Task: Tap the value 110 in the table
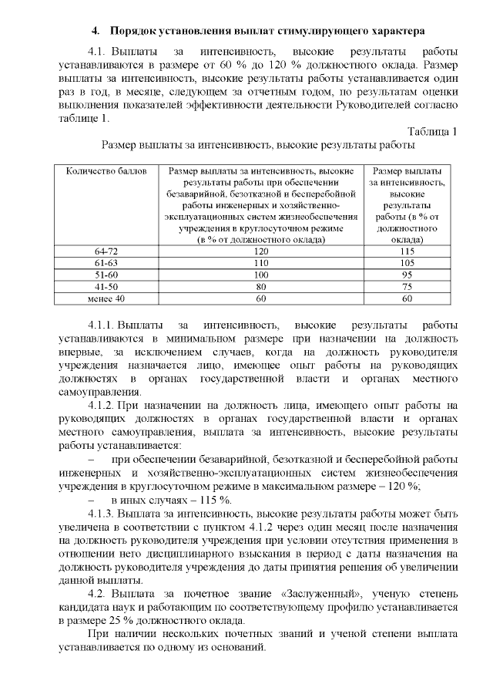point(260,263)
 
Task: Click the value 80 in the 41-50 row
point(260,286)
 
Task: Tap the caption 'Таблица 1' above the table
point(432,131)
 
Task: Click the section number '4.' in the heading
point(96,32)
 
